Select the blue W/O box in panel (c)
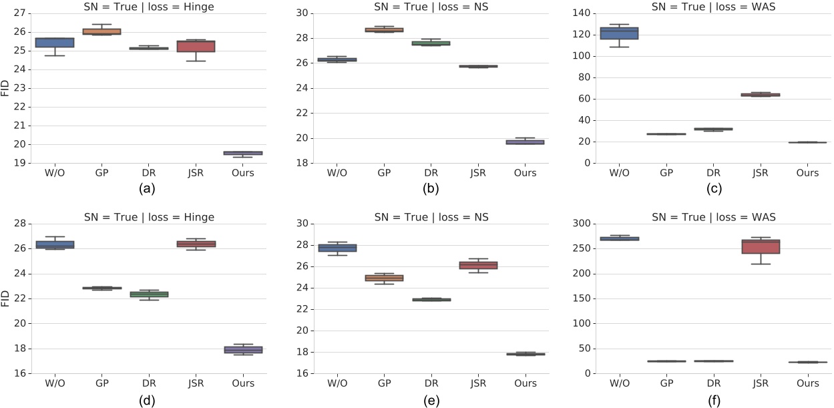tap(620, 33)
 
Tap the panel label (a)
tap(148, 189)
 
